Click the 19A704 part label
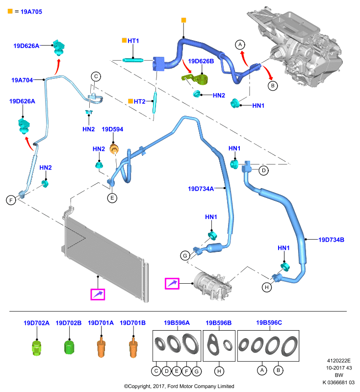[22, 80]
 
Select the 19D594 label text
[112, 129]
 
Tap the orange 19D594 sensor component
[114, 149]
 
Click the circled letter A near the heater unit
[240, 45]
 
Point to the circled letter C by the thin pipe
[96, 76]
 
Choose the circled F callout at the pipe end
[11, 200]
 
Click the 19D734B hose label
[331, 240]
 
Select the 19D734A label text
[201, 189]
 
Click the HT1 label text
[133, 41]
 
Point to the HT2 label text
[139, 101]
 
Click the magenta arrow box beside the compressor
[172, 284]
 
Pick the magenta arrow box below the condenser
[98, 294]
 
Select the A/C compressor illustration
[212, 286]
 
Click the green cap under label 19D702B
[69, 347]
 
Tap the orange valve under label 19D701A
[101, 347]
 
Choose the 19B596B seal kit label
[218, 323]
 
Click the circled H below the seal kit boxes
[219, 371]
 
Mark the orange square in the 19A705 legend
[10, 11]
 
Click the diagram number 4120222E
[339, 361]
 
